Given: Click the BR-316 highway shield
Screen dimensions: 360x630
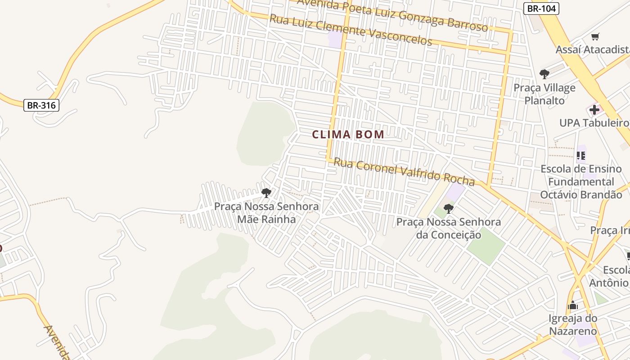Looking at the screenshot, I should (x=41, y=106).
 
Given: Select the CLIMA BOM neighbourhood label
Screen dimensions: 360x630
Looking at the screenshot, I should (x=348, y=134).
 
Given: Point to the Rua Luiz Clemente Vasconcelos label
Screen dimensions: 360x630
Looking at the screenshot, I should (x=351, y=30).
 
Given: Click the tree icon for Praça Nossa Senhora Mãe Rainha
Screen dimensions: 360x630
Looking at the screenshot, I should (x=266, y=193).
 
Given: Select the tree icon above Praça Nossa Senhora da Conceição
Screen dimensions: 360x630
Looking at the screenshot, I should (x=448, y=208).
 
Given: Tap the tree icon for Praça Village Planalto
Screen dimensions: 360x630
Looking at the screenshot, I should (x=544, y=74).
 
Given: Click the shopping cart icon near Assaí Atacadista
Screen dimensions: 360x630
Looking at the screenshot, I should (x=595, y=36).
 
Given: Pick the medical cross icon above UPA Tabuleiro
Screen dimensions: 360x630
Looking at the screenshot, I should (x=594, y=109).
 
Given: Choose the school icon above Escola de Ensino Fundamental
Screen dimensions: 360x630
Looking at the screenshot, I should (x=581, y=156).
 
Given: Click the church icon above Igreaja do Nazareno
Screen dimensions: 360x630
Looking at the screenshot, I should (x=572, y=306).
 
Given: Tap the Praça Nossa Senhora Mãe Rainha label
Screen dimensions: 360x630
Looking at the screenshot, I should (x=266, y=213).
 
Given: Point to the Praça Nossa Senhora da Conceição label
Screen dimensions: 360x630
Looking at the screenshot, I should (x=448, y=228).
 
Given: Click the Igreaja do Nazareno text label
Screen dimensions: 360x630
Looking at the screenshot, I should (x=572, y=325).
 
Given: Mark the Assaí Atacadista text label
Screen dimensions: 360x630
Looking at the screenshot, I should (x=592, y=49).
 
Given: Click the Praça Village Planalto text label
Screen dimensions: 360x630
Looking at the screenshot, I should (x=544, y=94).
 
